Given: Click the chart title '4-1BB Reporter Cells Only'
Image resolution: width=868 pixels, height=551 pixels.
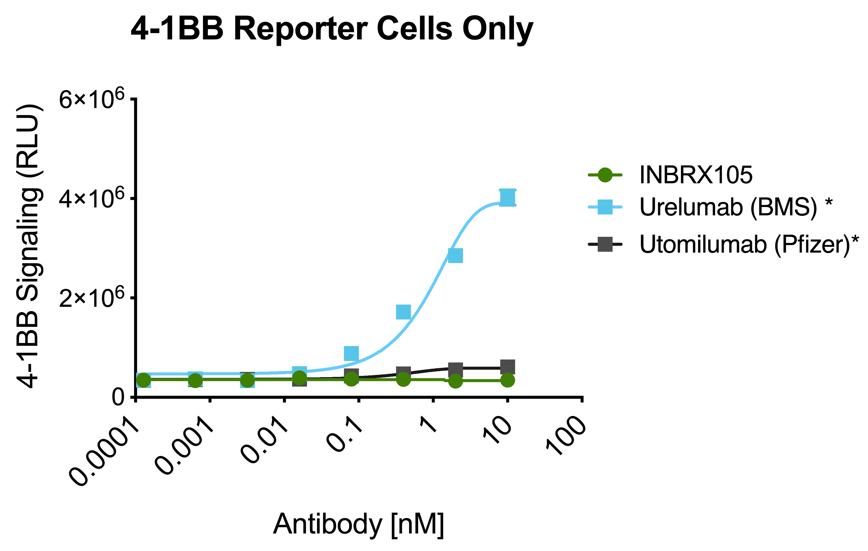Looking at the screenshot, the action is [x=332, y=29].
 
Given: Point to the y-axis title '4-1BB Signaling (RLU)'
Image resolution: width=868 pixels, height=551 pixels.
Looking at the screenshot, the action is [x=30, y=246].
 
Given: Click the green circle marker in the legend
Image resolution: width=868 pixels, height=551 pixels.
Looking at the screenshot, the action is [x=605, y=175].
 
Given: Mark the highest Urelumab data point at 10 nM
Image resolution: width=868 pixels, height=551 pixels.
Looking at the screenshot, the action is [x=507, y=197].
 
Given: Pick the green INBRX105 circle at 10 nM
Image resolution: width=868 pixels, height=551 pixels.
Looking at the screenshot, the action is [x=508, y=380].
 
